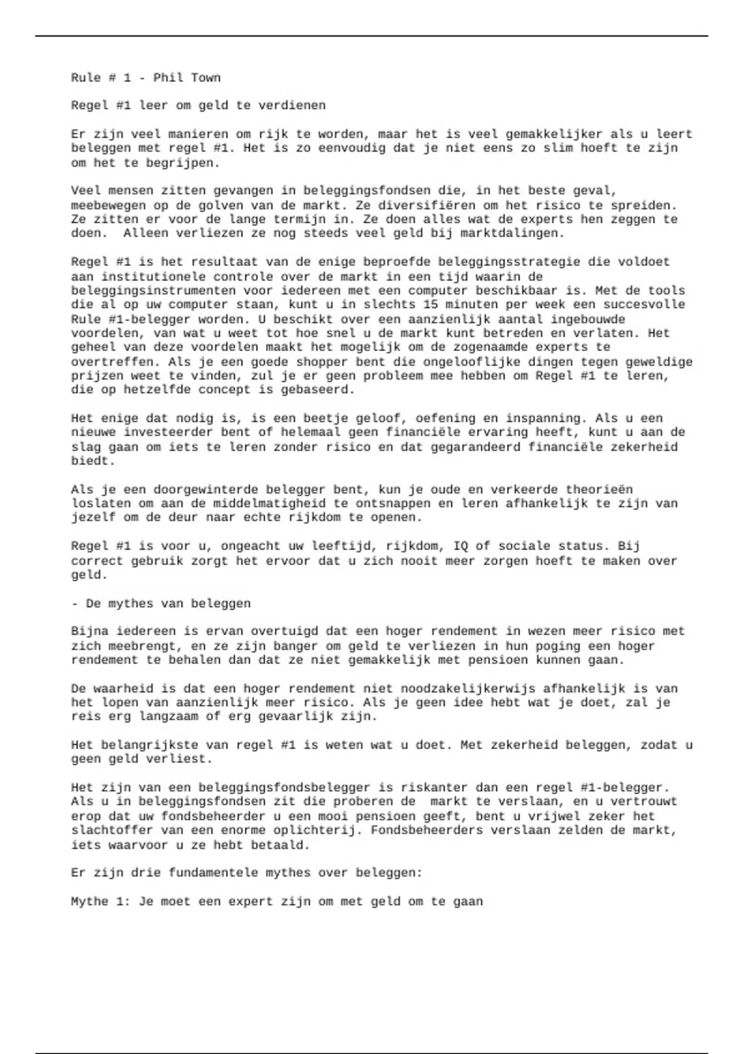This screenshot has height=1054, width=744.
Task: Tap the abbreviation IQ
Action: (460, 546)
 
